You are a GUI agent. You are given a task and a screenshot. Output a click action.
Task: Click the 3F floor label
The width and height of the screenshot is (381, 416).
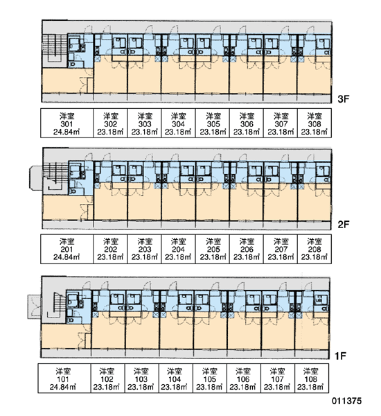coord(344,99)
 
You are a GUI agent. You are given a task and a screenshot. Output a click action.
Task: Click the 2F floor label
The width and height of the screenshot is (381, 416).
coord(344,225)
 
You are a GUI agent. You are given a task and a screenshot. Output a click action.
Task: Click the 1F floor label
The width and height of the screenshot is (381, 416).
coord(340,356)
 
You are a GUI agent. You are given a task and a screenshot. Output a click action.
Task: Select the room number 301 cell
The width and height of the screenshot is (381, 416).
coord(67,123)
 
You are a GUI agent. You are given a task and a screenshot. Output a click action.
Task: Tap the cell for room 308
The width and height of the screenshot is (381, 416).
coord(314,123)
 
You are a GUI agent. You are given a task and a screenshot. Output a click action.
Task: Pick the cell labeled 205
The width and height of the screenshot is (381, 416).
coord(213,249)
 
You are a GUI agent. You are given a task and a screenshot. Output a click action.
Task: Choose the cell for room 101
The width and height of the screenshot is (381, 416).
coord(64,379)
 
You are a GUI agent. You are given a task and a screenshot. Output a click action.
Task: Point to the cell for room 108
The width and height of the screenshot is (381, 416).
coord(312,379)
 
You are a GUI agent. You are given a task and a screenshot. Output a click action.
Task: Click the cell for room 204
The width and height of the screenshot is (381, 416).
coord(179,249)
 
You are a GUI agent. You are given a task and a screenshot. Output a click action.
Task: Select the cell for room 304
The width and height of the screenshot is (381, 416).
coord(179,123)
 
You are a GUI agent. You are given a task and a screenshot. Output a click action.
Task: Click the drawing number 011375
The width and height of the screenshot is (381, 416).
coord(346,401)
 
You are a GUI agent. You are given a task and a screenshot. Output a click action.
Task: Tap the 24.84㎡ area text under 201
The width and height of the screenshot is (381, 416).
coord(67,257)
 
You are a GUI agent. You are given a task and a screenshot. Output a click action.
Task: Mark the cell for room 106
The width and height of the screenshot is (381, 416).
coord(244,379)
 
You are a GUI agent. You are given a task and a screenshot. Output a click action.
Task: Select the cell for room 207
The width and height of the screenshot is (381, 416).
coord(281,249)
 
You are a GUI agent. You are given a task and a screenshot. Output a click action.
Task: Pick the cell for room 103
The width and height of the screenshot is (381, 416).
coord(142,379)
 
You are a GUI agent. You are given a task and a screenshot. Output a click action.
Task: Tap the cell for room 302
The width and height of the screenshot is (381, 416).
coord(110,123)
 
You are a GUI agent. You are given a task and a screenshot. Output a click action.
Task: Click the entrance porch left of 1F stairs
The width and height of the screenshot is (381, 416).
coord(35,306)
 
